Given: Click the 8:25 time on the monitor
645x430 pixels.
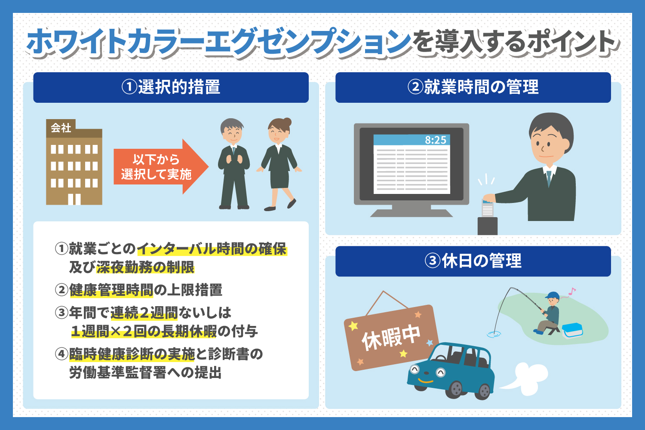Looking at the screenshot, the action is [435, 140].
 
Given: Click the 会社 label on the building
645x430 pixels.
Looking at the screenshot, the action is [61, 128].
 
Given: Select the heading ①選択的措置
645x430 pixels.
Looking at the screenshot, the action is [171, 87].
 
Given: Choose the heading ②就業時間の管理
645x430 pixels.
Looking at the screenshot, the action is [473, 87].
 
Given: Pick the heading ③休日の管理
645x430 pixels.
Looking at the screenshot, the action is [473, 261].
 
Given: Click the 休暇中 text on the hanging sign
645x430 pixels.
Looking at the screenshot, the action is [391, 338].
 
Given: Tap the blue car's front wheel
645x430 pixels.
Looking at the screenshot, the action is [456, 389].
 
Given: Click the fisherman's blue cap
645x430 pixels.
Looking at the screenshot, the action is [552, 296].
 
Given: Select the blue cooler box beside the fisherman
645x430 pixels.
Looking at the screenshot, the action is [572, 330].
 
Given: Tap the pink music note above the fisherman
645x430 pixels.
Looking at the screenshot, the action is [571, 292].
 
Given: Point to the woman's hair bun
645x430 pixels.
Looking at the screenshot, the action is [287, 122].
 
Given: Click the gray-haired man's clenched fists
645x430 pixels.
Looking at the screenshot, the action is [235, 159].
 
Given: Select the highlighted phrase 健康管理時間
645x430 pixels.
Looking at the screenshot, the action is [111, 290].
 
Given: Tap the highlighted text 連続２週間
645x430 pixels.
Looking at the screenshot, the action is [144, 313].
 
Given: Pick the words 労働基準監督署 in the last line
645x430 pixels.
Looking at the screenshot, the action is [118, 372].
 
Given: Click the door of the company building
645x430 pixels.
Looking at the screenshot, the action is [74, 199].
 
